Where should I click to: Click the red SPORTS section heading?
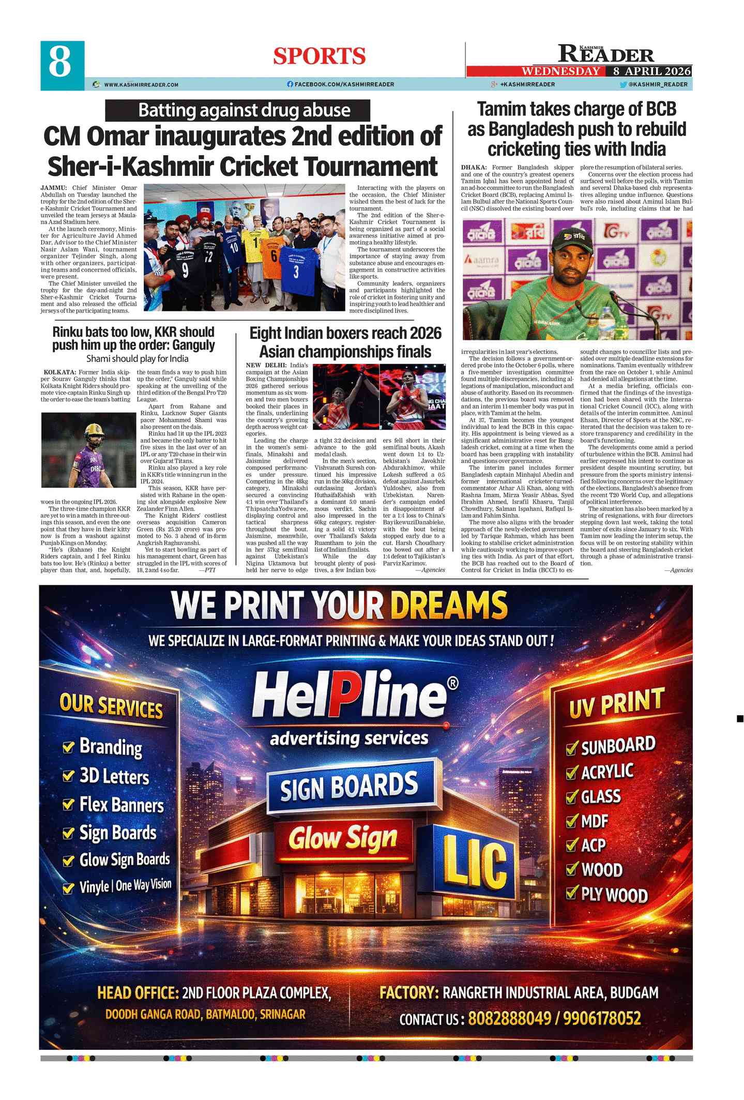[x=320, y=56]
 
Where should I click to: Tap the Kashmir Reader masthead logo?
[x=605, y=53]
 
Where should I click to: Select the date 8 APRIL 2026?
[x=652, y=71]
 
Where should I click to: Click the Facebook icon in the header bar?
[x=290, y=84]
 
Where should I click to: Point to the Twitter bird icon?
[x=624, y=84]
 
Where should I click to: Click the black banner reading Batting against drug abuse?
[x=238, y=111]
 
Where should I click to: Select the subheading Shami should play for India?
[x=137, y=358]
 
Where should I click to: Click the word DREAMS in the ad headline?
[x=449, y=605]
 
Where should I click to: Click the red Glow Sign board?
[x=343, y=838]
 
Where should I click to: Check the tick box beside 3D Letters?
[x=68, y=776]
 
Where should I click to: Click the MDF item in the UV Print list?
[x=594, y=821]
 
